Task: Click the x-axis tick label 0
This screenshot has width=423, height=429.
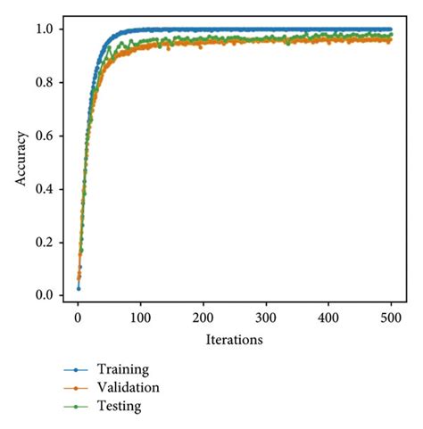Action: coord(78,318)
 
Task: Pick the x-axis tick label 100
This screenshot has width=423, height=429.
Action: coord(140,318)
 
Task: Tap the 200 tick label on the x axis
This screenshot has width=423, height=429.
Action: coord(203,318)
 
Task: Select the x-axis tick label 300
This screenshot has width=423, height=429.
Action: coord(266,318)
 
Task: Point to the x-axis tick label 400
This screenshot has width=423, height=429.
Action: coord(329,318)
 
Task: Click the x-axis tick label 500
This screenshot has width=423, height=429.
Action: coord(392,318)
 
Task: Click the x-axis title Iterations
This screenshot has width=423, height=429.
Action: coord(234,339)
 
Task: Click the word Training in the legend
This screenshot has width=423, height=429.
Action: coord(123,368)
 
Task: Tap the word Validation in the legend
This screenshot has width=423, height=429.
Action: coord(129,387)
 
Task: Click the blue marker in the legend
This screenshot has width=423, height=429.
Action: coord(79,369)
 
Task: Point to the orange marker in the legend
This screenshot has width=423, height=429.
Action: coord(79,388)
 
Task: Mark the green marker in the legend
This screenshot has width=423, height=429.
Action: coord(79,407)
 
